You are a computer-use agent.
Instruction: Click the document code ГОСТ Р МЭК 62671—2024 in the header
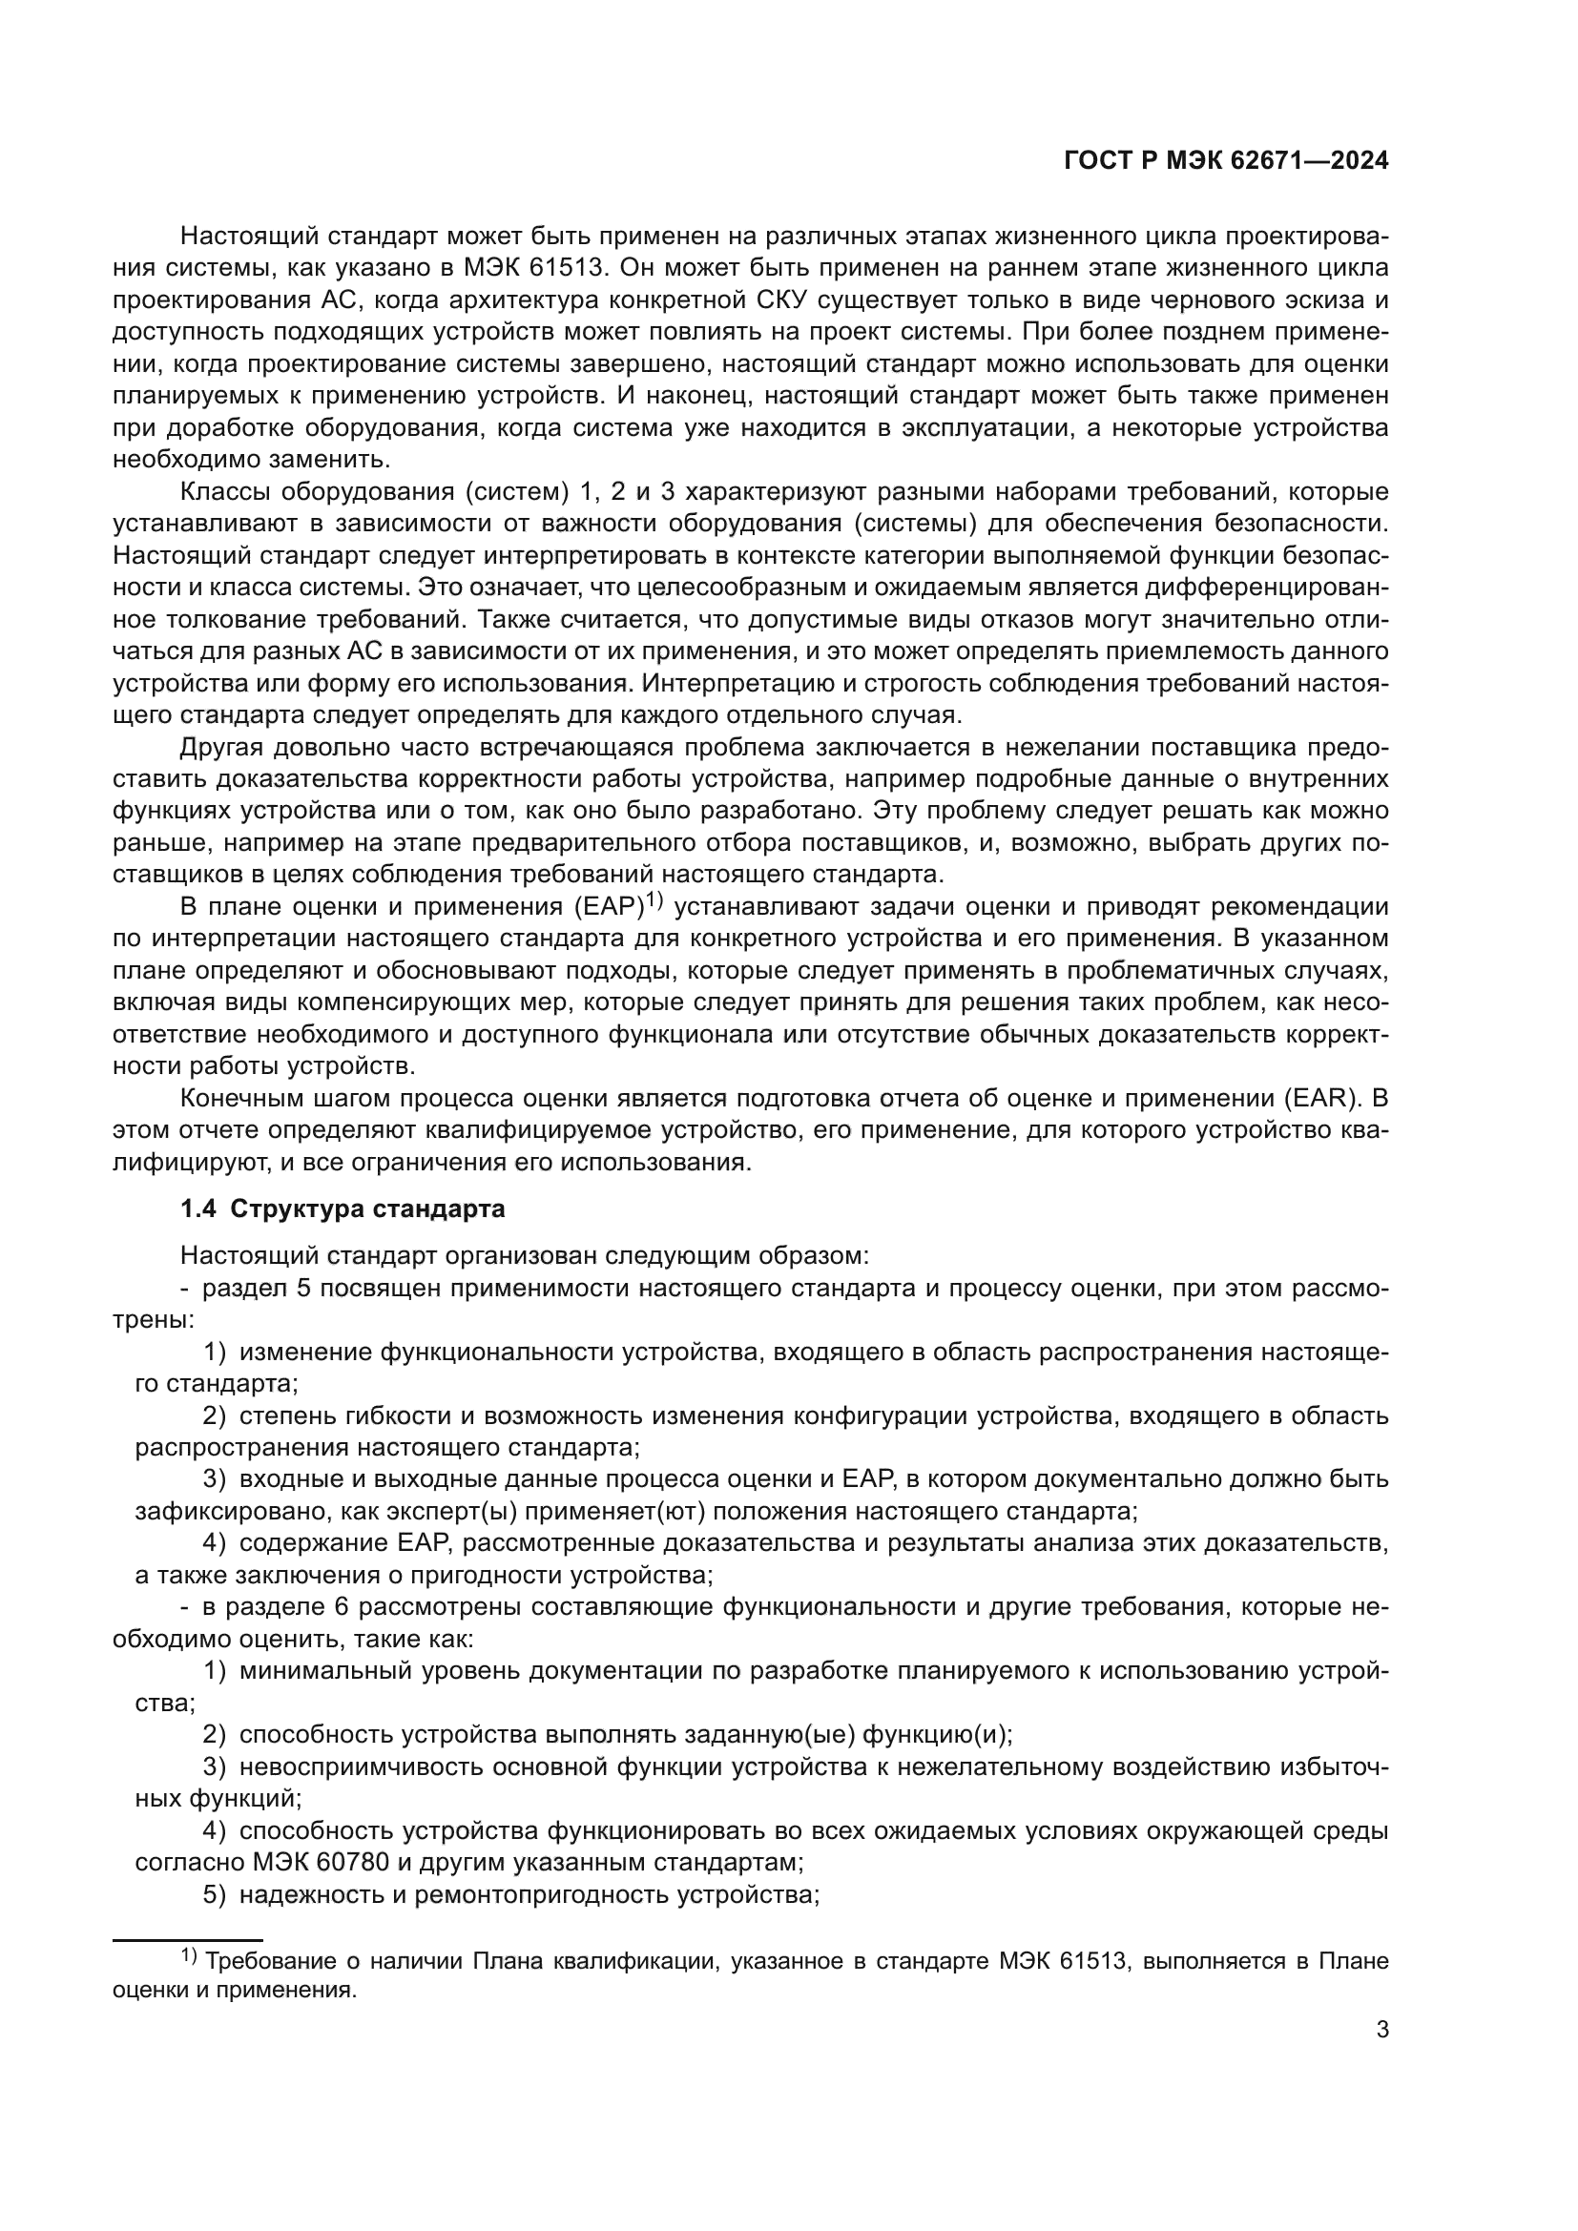pyautogui.click(x=1225, y=161)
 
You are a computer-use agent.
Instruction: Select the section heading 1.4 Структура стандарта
pyautogui.click(x=343, y=1208)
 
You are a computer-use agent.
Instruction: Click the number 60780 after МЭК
pyautogui.click(x=349, y=1863)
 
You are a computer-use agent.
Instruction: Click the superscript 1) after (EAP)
pyautogui.click(x=653, y=901)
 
